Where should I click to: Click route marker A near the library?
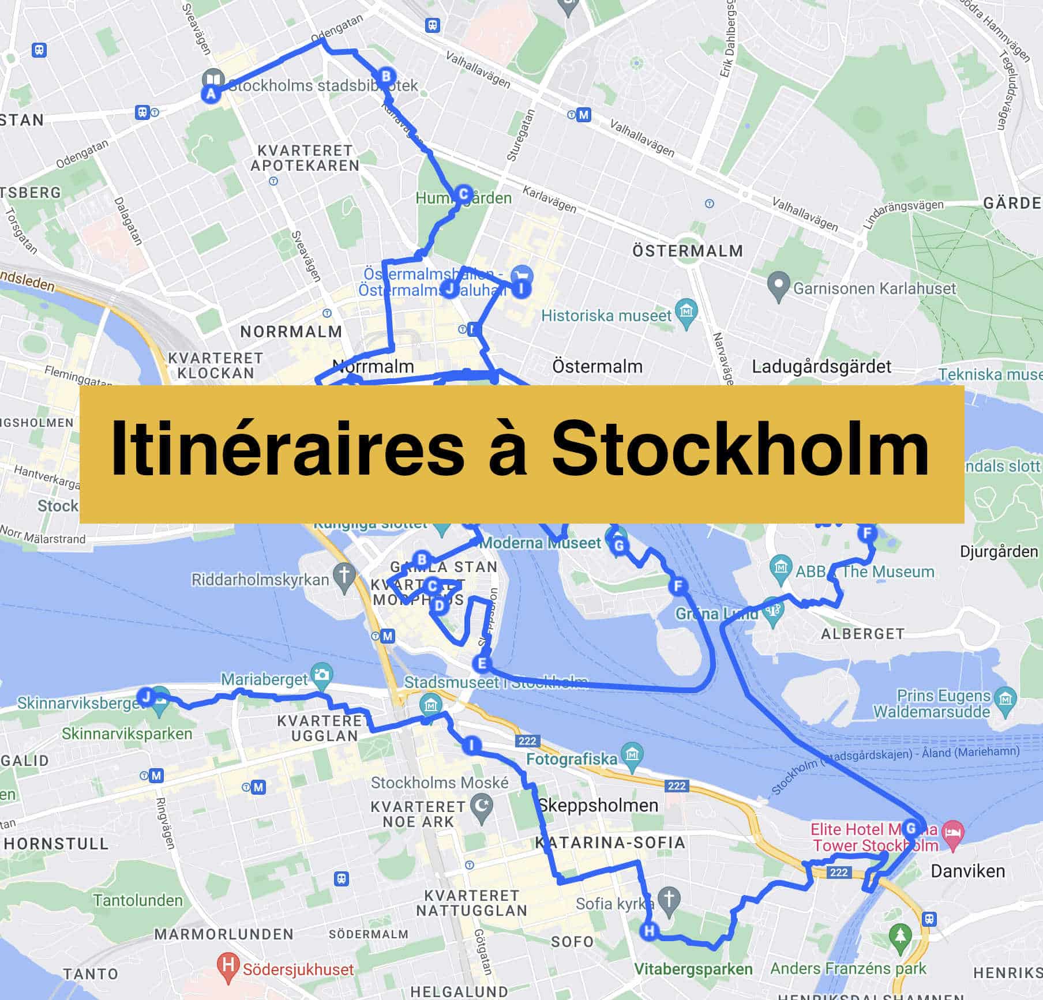(211, 93)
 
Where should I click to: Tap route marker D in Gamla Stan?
(440, 605)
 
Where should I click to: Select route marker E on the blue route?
(482, 664)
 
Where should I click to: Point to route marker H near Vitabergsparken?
(650, 930)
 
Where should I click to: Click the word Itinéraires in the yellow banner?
(287, 449)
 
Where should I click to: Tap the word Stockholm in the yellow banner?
(740, 449)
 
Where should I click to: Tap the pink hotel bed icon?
(952, 834)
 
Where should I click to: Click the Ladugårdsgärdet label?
(821, 367)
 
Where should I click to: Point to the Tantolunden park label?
(137, 900)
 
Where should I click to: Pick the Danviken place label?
(967, 871)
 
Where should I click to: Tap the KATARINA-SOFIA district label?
(610, 843)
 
